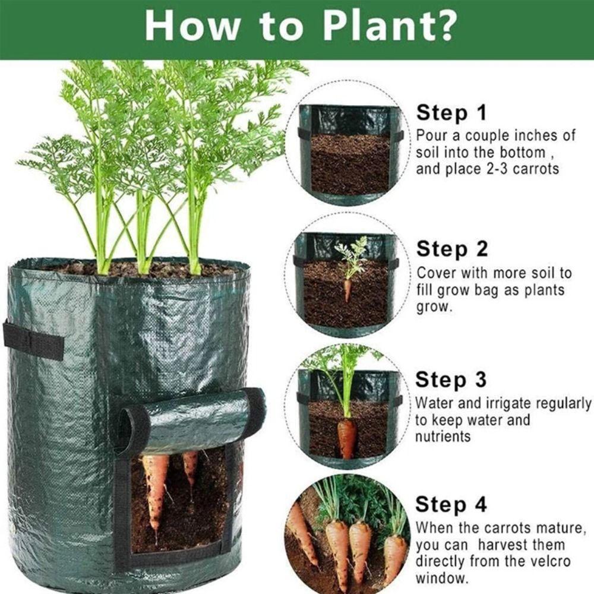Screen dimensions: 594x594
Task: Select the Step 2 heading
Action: pos(451,249)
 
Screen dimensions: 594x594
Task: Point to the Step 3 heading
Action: pos(450,380)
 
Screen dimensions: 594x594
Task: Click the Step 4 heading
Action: pos(451,505)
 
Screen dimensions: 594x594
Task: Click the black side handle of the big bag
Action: pos(33,340)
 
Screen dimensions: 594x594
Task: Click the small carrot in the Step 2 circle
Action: pos(347,290)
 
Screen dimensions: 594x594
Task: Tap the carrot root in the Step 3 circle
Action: pos(347,438)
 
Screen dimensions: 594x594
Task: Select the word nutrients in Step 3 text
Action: pos(443,437)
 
